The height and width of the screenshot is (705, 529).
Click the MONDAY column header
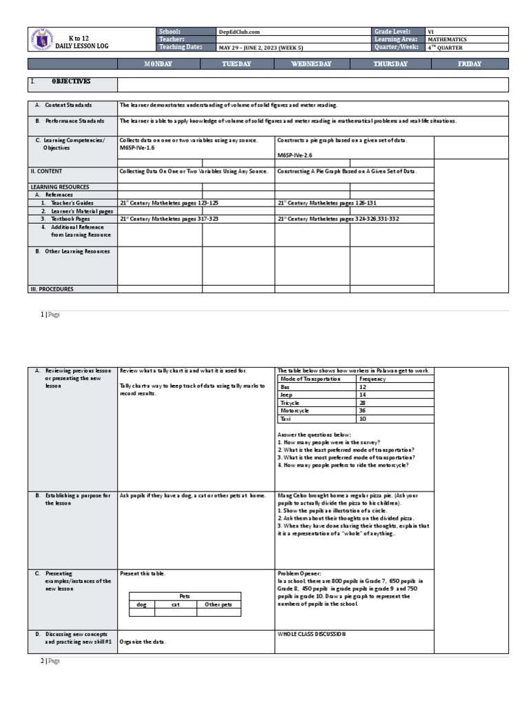click(158, 64)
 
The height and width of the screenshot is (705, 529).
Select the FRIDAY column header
click(470, 64)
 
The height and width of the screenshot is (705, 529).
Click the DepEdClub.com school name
click(239, 32)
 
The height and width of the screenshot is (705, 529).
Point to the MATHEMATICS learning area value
click(448, 40)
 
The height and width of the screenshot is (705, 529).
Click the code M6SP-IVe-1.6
click(138, 147)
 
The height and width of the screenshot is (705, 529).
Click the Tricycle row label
click(290, 402)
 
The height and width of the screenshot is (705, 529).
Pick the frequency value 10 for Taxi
click(363, 418)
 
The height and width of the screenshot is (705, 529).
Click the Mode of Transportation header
click(311, 379)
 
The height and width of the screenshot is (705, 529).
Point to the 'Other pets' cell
click(219, 604)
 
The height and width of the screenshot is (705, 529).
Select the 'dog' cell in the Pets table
click(142, 604)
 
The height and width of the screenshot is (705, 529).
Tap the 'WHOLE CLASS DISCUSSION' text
click(311, 633)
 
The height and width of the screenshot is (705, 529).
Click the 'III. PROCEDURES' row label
click(52, 289)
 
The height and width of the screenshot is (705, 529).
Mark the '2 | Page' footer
click(50, 661)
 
